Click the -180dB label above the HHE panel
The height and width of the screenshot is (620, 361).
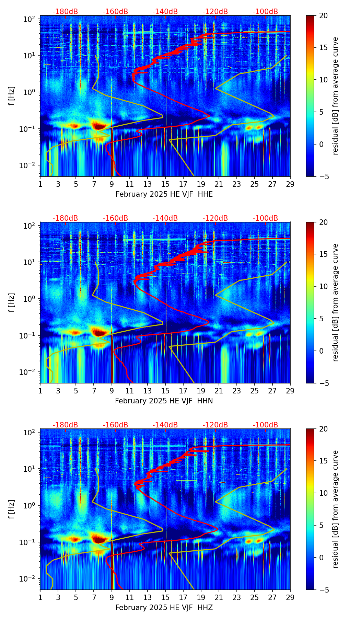(65, 12)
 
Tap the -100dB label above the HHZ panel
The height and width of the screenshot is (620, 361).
(265, 425)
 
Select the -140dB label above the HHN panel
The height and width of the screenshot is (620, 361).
(165, 218)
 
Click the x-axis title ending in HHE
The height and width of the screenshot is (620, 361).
(164, 194)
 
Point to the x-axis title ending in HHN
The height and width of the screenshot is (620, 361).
(164, 401)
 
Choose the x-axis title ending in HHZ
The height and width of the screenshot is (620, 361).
(164, 608)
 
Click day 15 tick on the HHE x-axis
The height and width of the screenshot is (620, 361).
(165, 184)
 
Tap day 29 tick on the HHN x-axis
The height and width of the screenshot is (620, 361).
(290, 390)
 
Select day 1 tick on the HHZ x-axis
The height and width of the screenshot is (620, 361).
(40, 597)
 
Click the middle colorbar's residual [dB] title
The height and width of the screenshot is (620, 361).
(335, 302)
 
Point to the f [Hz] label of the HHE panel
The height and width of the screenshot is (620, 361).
(12, 96)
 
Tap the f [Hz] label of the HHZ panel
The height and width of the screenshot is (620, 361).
(12, 509)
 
